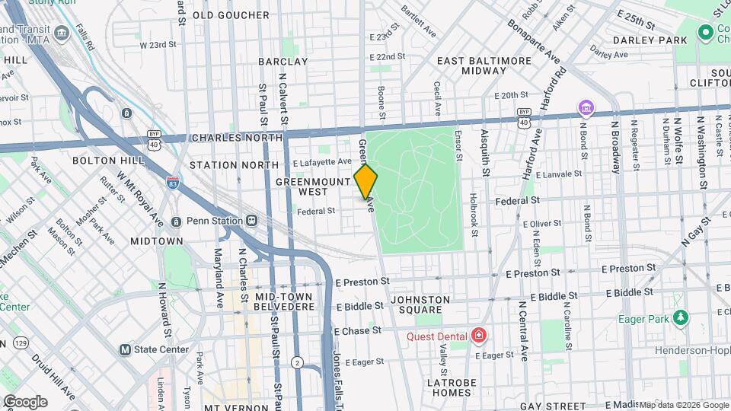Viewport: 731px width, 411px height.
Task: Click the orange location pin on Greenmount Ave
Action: pyautogui.click(x=366, y=183)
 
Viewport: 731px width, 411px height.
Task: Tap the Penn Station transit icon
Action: pyautogui.click(x=251, y=221)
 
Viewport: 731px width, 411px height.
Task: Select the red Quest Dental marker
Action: pyautogui.click(x=478, y=335)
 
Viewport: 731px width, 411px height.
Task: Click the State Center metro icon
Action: pyautogui.click(x=125, y=350)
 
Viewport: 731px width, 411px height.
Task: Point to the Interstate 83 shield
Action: pyautogui.click(x=173, y=182)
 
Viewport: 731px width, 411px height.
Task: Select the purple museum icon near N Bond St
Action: pyautogui.click(x=585, y=107)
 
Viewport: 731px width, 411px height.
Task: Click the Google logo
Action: pyautogui.click(x=24, y=401)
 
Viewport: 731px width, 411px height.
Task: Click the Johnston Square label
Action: pyautogui.click(x=420, y=304)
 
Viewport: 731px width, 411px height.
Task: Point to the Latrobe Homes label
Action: pyautogui.click(x=448, y=387)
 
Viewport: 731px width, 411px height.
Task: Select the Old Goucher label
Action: pyautogui.click(x=231, y=14)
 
